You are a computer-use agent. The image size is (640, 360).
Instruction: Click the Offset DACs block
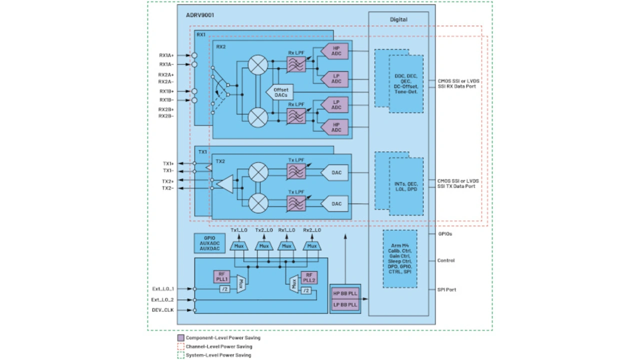tap(280, 92)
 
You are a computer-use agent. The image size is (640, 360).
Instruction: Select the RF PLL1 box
tap(222, 277)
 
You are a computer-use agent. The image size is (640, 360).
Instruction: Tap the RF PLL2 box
tap(308, 277)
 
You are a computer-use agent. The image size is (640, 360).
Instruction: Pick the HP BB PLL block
tap(345, 293)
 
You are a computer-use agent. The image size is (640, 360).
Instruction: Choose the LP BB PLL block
tap(345, 304)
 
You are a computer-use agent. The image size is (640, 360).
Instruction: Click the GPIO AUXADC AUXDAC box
tap(209, 243)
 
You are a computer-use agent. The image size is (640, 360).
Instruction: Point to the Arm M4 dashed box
tap(399, 258)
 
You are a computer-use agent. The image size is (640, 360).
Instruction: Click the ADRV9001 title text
tap(200, 15)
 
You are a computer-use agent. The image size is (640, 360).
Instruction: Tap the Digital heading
tap(398, 19)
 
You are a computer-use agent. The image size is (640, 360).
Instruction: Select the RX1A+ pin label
tap(166, 55)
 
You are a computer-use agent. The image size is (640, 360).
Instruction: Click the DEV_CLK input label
tap(163, 310)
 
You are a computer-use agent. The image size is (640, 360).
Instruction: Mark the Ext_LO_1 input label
tap(163, 288)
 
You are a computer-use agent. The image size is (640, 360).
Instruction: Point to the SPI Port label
tap(446, 289)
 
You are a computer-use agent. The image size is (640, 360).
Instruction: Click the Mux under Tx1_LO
tap(239, 245)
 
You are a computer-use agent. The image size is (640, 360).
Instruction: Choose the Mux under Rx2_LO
tap(312, 245)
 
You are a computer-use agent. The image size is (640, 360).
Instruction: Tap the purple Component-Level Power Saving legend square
tap(180, 338)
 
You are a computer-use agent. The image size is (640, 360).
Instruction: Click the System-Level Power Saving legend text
tap(218, 355)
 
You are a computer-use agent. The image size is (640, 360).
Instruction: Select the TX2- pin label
tap(167, 188)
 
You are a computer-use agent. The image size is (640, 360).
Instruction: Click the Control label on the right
tap(446, 260)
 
